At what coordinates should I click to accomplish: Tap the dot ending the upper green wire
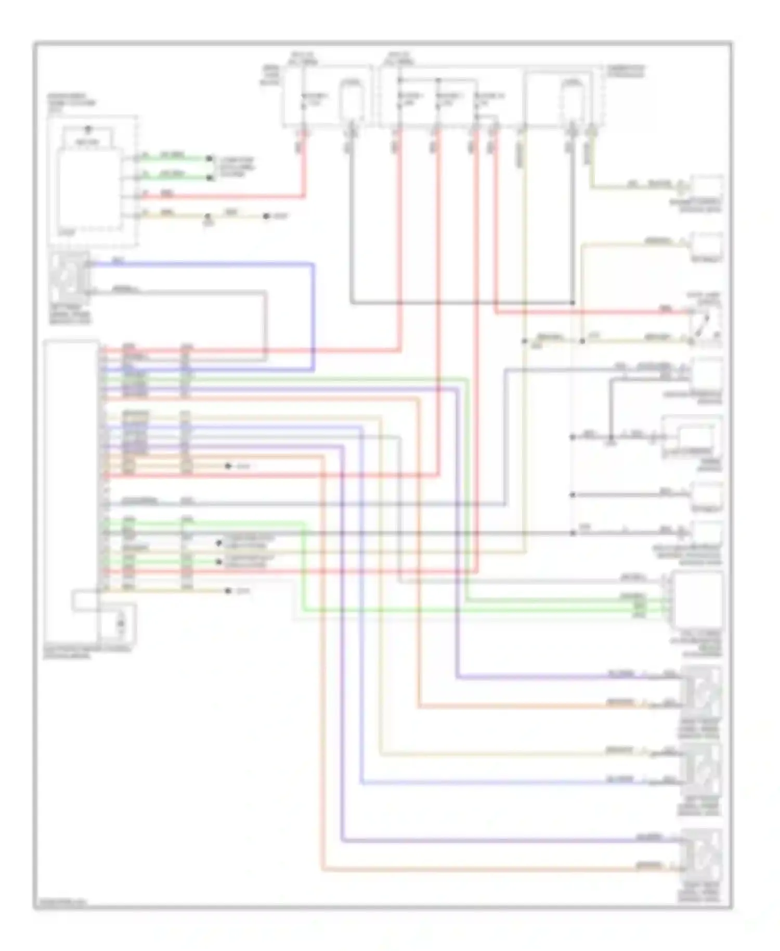(210, 158)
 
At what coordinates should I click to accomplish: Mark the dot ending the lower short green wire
(210, 177)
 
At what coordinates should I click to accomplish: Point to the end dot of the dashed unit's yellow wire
(266, 216)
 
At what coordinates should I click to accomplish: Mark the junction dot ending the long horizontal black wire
(573, 302)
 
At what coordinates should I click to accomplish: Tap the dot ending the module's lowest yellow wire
(228, 590)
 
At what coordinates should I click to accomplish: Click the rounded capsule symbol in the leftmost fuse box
(352, 99)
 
